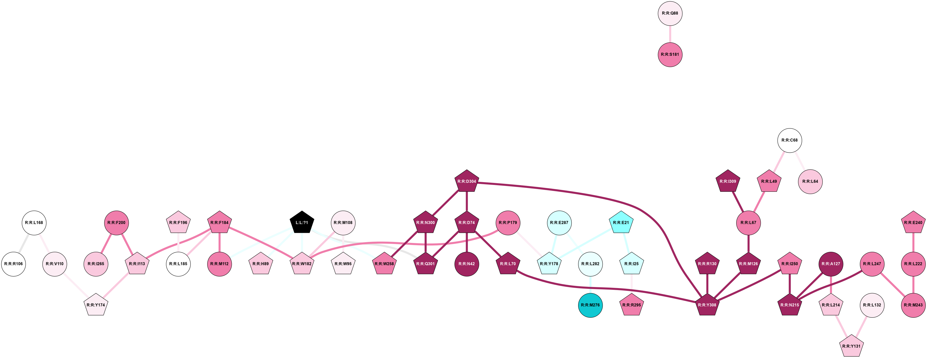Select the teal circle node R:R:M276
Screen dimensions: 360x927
tap(591, 305)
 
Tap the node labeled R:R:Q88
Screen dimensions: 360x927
tap(670, 13)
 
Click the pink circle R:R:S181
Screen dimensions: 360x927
tap(670, 55)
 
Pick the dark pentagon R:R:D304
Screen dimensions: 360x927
tap(467, 181)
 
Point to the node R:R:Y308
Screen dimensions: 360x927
tap(707, 305)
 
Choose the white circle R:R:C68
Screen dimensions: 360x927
tap(789, 140)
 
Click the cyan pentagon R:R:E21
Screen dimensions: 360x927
tap(621, 222)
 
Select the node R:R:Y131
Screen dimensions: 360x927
tap(852, 346)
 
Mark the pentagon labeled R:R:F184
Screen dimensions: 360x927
tap(219, 222)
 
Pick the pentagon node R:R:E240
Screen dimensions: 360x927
tap(913, 222)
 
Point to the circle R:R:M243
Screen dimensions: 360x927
tap(913, 305)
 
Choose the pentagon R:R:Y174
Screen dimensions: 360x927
tap(96, 305)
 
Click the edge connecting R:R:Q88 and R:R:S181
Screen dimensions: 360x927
tap(670, 34)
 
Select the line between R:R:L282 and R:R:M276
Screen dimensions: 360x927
tap(591, 285)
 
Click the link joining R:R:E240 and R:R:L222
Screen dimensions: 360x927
tap(913, 243)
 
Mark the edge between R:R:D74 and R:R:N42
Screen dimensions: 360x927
tap(467, 243)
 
